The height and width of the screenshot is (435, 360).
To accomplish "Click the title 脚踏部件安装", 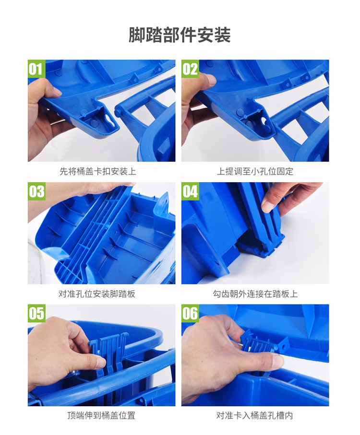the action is pos(180,35).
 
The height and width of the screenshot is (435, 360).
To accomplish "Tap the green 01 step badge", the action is pos(36,69).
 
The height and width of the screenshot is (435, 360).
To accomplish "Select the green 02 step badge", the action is pos(190,69).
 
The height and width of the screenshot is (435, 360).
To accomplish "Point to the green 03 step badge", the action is pos(36,191).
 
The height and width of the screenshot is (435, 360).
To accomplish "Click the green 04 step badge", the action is pos(190,191).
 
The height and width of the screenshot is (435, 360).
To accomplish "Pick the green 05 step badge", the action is pos(36,313).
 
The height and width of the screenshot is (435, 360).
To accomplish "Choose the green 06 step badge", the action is pos(190,313).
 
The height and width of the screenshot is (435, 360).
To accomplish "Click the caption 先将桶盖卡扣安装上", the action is pos(98,171).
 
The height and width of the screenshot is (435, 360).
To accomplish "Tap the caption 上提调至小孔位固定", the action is pos(255,171).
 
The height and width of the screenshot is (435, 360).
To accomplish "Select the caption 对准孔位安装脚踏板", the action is pos(97,294).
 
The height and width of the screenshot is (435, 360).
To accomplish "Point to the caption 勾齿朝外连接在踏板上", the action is pos(255,294).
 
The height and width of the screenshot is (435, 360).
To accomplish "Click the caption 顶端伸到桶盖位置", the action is pos(101,415).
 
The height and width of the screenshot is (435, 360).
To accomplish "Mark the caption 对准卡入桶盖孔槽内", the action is pos(254,415).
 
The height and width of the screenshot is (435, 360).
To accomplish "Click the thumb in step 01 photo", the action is pos(45,89).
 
